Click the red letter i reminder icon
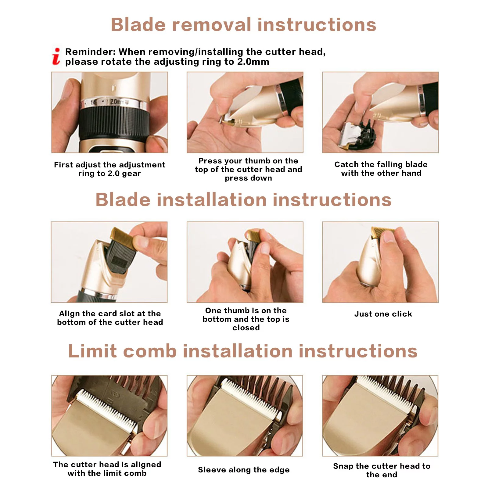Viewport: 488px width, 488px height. (56, 56)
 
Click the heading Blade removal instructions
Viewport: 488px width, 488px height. (243, 24)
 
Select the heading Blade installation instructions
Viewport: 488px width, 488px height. (243, 200)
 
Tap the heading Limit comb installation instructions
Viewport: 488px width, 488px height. (243, 351)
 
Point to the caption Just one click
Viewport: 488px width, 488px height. (383, 314)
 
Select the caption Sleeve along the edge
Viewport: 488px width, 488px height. (244, 470)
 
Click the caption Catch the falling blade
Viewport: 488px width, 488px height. (381, 169)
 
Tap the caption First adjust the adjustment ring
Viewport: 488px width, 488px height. (109, 169)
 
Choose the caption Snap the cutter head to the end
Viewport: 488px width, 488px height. (382, 470)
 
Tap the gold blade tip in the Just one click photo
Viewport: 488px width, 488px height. (382, 231)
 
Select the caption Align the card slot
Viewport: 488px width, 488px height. (110, 318)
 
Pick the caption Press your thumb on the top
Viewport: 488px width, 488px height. (248, 169)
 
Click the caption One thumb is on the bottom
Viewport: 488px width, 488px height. (246, 319)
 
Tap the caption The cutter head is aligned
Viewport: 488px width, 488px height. (107, 469)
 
